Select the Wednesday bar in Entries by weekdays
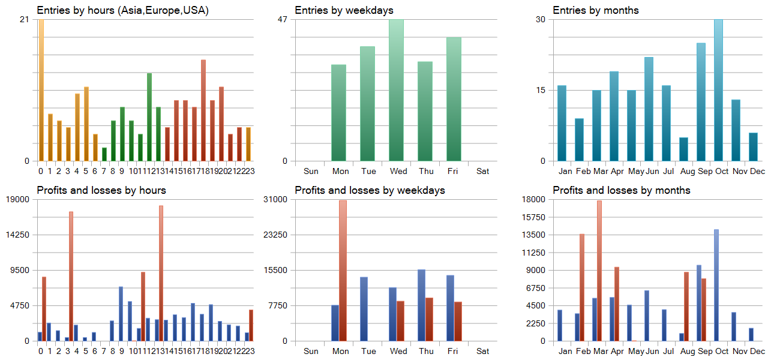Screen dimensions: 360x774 (x=396, y=90)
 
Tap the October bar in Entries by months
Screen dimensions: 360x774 (x=718, y=90)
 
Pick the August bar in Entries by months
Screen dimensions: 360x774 (x=683, y=149)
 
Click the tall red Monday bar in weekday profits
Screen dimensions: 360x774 (x=343, y=270)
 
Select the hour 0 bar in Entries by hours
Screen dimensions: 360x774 (x=41, y=90)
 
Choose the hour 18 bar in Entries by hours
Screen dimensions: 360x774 (x=203, y=110)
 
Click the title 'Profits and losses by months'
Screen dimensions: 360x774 (x=621, y=190)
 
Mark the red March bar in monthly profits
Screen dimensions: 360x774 (x=599, y=271)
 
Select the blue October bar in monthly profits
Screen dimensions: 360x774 (x=716, y=285)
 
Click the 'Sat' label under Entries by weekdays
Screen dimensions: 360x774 (x=482, y=171)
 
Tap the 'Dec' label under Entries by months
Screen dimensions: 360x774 (x=757, y=171)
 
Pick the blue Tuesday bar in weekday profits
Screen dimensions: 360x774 (x=364, y=309)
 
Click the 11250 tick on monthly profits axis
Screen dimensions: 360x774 (x=534, y=253)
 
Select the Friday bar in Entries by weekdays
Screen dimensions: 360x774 (x=454, y=99)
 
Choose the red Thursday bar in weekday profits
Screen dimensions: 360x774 (x=430, y=319)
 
